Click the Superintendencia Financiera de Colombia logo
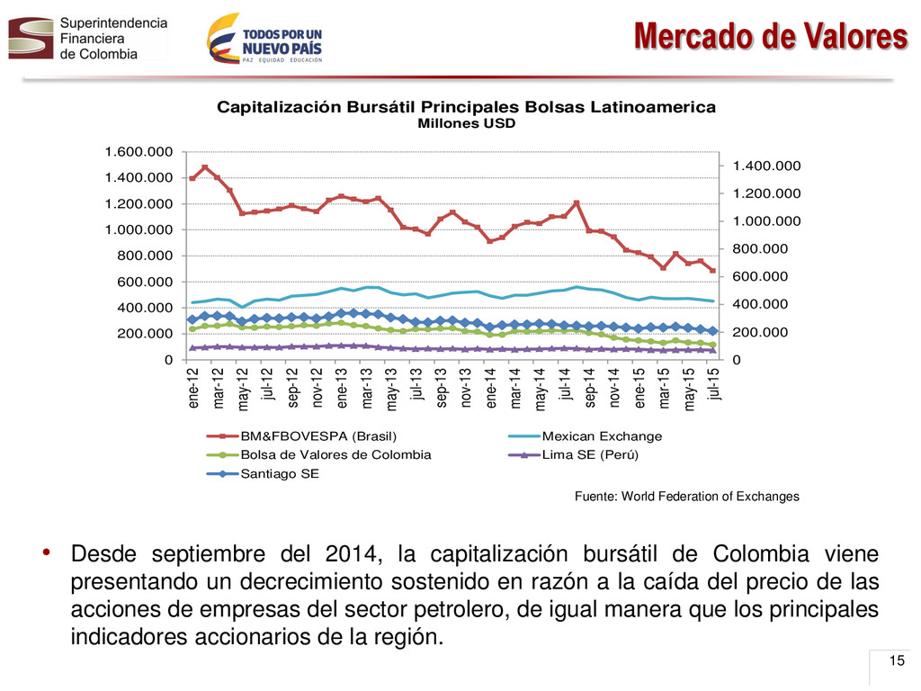point(88,38)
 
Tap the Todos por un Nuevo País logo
point(264,38)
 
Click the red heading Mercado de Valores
point(771,36)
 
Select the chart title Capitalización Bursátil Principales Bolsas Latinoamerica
point(467,107)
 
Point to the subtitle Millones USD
point(467,123)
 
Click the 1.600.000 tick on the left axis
point(139,152)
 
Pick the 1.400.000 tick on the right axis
point(766,166)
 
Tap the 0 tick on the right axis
point(737,360)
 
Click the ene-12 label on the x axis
point(193,388)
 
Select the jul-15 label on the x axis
point(714,384)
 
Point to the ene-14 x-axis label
point(491,388)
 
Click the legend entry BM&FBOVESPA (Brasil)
point(302,436)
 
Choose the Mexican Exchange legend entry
point(585,436)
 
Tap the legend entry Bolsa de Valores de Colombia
point(319,454)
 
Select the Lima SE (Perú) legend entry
point(573,454)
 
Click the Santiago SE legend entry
point(264,473)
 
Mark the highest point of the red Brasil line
point(205,167)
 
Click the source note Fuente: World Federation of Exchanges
point(686,497)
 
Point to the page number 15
point(897,660)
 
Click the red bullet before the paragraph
point(47,552)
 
